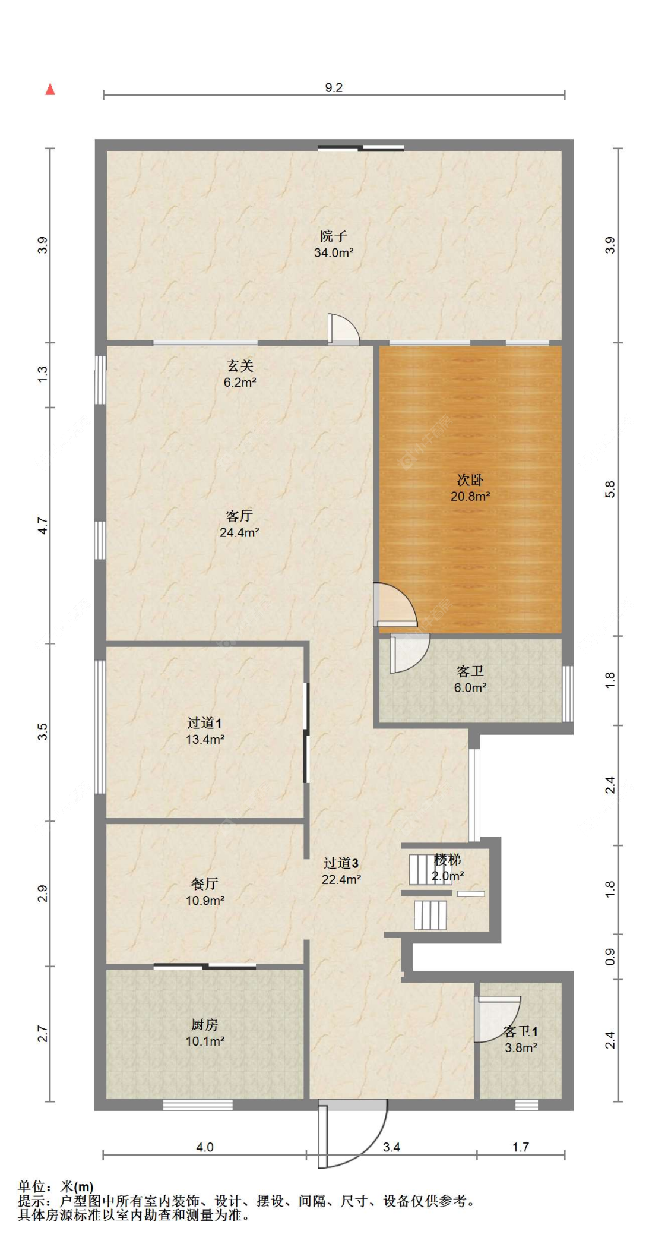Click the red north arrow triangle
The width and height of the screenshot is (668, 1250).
50,89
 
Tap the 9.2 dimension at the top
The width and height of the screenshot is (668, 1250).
334,87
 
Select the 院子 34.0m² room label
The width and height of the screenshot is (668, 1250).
334,244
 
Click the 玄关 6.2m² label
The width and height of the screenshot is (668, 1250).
240,374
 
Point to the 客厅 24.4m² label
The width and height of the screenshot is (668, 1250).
239,524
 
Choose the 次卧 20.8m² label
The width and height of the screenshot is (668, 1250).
470,488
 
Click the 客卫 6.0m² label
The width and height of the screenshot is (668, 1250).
470,679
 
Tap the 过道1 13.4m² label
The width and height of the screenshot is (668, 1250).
205,731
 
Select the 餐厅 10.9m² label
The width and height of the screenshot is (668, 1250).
205,892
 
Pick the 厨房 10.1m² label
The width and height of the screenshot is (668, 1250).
205,1033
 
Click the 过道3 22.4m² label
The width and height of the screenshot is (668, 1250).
341,871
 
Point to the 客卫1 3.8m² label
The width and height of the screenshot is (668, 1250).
521,1039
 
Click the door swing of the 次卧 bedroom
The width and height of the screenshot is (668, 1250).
395,605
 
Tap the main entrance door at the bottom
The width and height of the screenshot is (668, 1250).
353,1134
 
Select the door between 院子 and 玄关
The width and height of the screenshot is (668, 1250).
344,329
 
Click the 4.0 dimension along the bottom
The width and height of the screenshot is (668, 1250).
205,1147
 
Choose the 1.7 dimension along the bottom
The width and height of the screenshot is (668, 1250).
521,1147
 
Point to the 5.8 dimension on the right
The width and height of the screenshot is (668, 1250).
610,489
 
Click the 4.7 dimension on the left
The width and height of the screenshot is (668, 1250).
42,526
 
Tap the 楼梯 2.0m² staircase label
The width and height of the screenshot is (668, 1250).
448,867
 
